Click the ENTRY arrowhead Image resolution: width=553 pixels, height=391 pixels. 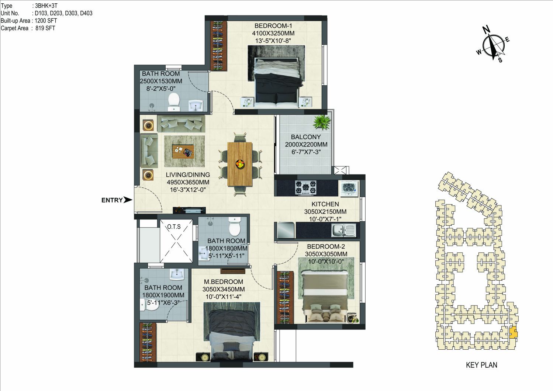click(128, 200)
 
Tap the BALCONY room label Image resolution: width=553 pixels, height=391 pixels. click(305, 137)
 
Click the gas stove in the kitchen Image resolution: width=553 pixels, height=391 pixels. click(306, 188)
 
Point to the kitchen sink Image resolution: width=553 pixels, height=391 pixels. click(343, 230)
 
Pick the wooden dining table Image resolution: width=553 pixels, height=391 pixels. click(240, 164)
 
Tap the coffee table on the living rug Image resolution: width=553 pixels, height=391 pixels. click(183, 151)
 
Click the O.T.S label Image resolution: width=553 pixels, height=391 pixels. click(174, 226)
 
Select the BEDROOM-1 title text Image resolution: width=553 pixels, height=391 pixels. click(273, 26)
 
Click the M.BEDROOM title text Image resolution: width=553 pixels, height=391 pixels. click(224, 282)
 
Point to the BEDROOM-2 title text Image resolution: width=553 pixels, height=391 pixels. click(326, 246)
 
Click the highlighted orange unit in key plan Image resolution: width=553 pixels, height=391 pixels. click(513, 332)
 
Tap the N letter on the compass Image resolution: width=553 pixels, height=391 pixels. click(486, 30)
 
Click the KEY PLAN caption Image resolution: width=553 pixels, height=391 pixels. click(481, 365)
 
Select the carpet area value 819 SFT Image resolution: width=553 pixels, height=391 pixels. click(45, 28)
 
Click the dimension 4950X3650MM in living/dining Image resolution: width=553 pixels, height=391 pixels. click(188, 182)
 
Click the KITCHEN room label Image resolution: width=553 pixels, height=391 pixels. click(325, 204)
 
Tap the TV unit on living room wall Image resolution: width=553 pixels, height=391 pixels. click(189, 210)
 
